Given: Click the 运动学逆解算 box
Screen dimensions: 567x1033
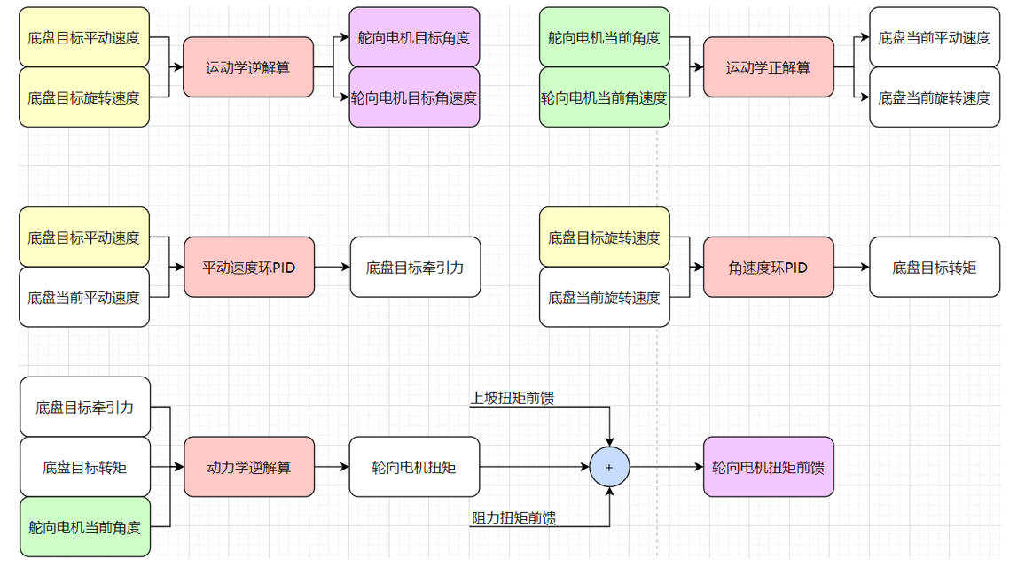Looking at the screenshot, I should (248, 67).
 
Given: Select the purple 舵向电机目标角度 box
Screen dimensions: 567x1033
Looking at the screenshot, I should (414, 38).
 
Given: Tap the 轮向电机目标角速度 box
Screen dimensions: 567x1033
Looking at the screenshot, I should (414, 97).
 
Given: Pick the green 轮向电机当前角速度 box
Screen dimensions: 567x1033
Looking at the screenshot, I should (604, 97).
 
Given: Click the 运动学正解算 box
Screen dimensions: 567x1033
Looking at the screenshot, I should (768, 67).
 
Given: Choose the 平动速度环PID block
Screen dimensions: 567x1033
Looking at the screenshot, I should (248, 267).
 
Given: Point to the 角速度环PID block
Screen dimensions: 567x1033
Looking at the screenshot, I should (768, 267).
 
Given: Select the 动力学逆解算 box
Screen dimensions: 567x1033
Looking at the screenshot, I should (248, 467).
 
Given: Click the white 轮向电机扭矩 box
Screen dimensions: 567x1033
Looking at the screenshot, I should (414, 467).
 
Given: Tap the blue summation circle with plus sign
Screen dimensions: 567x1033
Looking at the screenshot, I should (609, 467).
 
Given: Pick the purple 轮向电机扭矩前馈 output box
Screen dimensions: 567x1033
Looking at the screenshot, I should (768, 467).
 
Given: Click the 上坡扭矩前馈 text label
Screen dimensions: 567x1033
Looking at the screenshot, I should (513, 398).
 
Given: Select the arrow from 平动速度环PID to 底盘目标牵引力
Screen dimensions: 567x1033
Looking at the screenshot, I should (332, 267).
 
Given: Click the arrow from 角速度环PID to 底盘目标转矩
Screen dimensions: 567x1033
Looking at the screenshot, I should (851, 267).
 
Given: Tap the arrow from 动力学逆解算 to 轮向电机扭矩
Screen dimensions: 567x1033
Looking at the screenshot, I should (332, 467).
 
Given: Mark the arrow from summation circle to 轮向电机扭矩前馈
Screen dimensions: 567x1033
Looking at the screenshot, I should (665, 467).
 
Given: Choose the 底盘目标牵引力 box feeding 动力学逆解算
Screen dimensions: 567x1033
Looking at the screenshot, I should (85, 408).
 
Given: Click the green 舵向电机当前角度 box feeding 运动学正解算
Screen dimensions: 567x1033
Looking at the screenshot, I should (604, 38).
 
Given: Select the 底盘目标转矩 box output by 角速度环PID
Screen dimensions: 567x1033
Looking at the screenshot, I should (934, 267).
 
